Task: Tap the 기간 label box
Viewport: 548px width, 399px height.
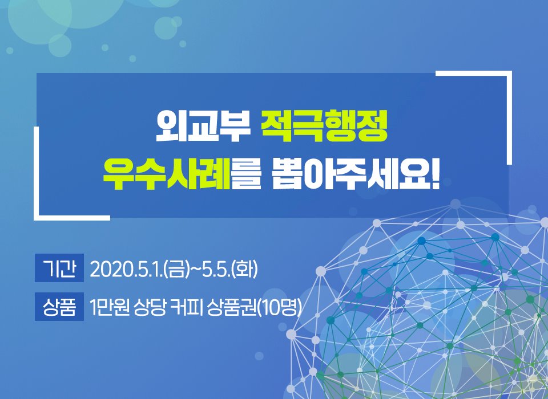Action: point(59,268)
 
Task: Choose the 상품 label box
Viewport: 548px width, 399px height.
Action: point(59,307)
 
